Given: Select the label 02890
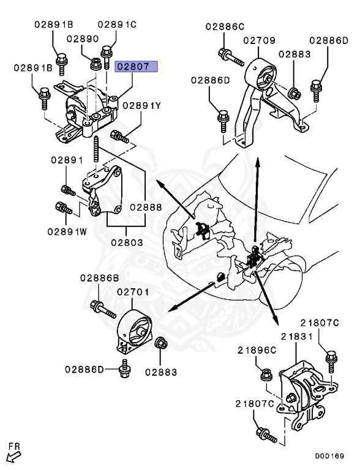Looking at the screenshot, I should [x=83, y=39].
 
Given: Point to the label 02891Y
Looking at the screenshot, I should [x=142, y=106].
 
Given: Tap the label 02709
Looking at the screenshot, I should [x=263, y=40].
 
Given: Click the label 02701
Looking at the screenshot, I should [x=133, y=293].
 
